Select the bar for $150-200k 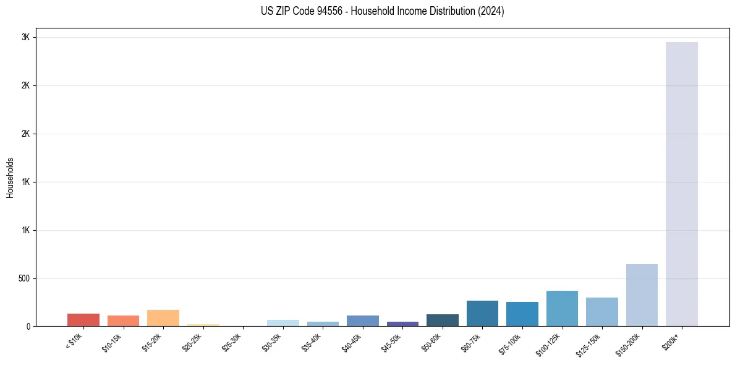point(642,295)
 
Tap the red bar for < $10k point(83,320)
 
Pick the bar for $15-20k point(163,318)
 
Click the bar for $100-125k point(562,308)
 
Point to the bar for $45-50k point(402,324)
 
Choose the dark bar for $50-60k point(443,320)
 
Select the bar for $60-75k point(482,313)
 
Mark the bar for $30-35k point(283,323)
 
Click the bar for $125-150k point(602,312)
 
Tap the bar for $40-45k point(363,320)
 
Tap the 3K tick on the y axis point(25,37)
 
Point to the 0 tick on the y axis point(28,327)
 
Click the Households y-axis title point(10,178)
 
